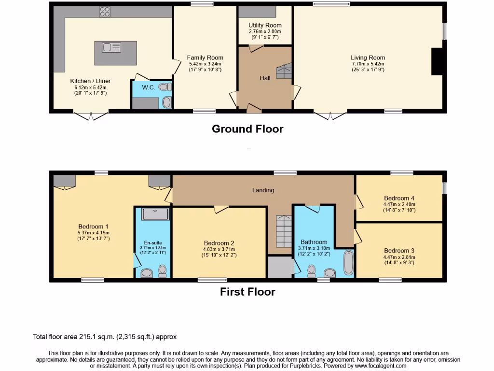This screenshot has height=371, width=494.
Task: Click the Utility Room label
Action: [265, 25]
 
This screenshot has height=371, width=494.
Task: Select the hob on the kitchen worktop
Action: [105, 11]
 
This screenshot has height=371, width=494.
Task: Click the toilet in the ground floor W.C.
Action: [165, 87]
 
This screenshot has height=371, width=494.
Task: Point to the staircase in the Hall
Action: [284, 71]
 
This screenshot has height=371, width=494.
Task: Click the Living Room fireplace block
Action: [437, 61]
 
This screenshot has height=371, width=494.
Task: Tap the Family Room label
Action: [205, 57]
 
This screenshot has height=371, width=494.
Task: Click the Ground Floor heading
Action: [247, 129]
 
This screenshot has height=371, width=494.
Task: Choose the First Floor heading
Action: [247, 292]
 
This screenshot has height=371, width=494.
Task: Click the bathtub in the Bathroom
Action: [348, 262]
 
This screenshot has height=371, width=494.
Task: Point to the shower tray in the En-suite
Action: [156, 214]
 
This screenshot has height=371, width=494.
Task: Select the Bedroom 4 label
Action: [399, 198]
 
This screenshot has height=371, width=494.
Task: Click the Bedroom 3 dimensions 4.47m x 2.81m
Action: [399, 257]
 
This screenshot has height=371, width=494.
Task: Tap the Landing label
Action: [263, 190]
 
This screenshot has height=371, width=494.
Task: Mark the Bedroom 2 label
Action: [219, 243]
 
